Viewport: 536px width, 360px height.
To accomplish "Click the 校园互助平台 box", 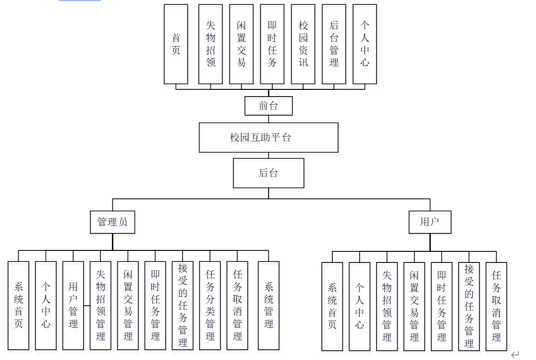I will (x=268, y=137).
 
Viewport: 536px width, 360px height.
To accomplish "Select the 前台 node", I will (x=268, y=106).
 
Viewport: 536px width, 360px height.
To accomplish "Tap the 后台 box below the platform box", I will (x=268, y=173).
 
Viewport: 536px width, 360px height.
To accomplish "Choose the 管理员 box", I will (x=112, y=222).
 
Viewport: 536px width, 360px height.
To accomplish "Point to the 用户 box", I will (x=430, y=222).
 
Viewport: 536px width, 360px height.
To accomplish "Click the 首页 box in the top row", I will (x=176, y=44).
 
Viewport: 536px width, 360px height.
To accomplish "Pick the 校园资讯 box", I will (x=303, y=44).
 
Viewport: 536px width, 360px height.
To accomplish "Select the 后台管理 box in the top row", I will (x=334, y=44).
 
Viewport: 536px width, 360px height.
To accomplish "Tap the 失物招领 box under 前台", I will (x=210, y=44).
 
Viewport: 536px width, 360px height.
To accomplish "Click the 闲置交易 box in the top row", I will (x=241, y=44).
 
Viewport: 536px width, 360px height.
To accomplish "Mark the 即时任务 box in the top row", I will (x=272, y=44).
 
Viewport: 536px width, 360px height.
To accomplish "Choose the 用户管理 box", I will (x=73, y=305).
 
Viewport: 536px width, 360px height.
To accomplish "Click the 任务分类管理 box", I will (x=210, y=305).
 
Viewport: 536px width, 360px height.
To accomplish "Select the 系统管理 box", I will (x=268, y=305).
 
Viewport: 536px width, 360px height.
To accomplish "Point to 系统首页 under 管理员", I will (x=18, y=305).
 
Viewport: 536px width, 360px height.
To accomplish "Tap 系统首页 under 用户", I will (x=332, y=306).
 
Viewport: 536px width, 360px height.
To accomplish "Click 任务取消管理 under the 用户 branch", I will (x=496, y=306).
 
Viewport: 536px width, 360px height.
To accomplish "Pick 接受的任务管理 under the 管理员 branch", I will (x=183, y=305).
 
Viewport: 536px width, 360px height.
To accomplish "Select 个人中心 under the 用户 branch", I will (x=360, y=306).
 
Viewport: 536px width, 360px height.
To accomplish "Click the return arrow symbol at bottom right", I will (x=515, y=355).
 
